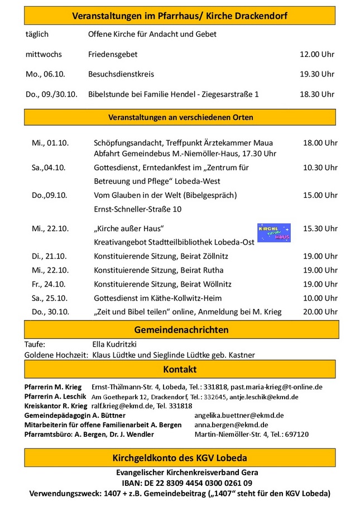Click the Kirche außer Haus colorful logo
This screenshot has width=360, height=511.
[273, 233]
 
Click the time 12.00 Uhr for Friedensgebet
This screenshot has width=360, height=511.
[317, 55]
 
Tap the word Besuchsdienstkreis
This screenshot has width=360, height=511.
[121, 74]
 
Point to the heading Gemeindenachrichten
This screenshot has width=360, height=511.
[181, 330]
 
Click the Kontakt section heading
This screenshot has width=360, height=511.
[180, 370]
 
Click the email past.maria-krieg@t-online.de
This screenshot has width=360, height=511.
[275, 387]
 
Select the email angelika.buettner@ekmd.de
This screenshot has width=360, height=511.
[239, 416]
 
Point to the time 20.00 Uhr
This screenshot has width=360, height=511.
[320, 312]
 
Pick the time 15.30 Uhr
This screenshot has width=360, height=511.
[320, 228]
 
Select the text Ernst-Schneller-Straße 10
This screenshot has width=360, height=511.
[138, 209]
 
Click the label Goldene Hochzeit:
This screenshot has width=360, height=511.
[56, 355]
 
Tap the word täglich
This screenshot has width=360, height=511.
[37, 35]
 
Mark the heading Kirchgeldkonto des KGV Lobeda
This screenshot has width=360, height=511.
[180, 459]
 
